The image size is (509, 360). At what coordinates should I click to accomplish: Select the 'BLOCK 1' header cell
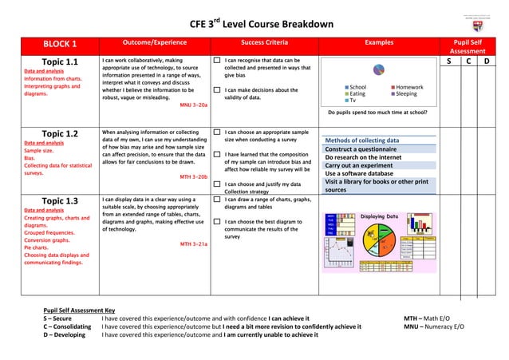(60, 44)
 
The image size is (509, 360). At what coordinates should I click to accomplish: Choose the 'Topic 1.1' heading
(60, 61)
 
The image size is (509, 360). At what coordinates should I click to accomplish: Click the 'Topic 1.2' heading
(60, 133)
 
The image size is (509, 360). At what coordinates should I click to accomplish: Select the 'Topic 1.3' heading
(60, 200)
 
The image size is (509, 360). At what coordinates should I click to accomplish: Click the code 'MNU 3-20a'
(194, 105)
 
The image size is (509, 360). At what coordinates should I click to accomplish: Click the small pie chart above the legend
(378, 71)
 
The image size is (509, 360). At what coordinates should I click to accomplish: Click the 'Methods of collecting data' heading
(361, 140)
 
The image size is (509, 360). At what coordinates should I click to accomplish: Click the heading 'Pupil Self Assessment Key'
(79, 311)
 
